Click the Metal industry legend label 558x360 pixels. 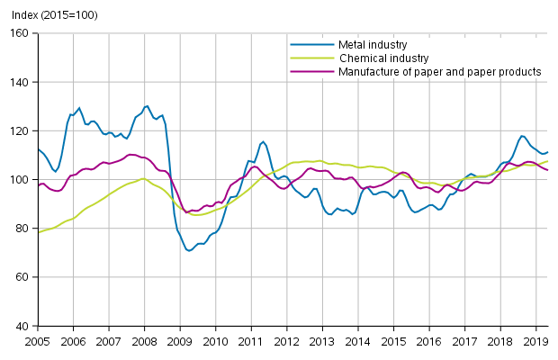tap(373, 44)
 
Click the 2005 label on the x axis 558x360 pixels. tap(38, 341)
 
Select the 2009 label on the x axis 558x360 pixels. tap(179, 341)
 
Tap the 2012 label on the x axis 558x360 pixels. tap(286, 341)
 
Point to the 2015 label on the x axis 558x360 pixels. tap(393, 341)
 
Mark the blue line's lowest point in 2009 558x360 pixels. tap(189, 250)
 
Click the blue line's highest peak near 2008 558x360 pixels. tap(147, 105)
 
